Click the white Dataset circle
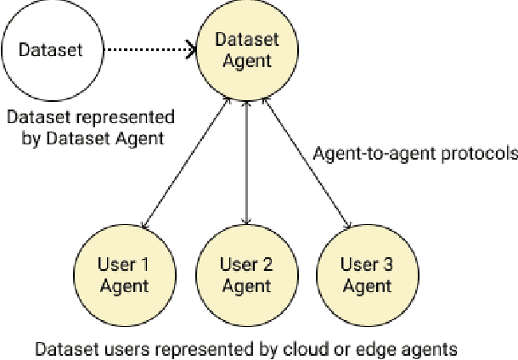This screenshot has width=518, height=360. click(51, 50)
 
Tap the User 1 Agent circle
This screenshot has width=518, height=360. click(124, 274)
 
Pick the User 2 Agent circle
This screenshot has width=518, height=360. click(245, 274)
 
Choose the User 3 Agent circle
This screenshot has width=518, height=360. click(367, 274)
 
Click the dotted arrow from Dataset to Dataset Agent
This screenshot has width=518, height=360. click(144, 50)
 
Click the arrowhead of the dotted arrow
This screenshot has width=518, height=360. click(192, 50)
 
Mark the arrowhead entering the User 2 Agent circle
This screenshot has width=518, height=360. click(245, 222)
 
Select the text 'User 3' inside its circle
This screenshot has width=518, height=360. click(367, 264)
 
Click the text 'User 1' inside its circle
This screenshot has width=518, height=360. click(124, 264)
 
